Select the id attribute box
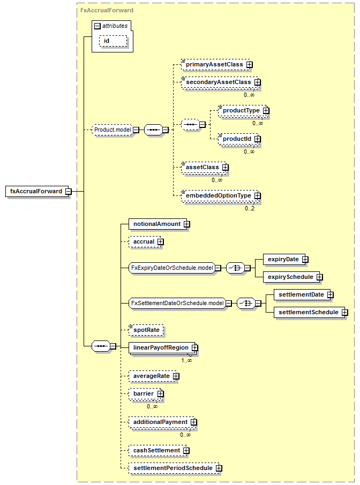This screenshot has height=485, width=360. pyautogui.click(x=113, y=41)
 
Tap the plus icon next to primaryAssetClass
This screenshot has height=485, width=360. pyautogui.click(x=250, y=65)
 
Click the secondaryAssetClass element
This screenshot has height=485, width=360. pyautogui.click(x=221, y=82)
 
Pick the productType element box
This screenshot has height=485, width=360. pyautogui.click(x=244, y=111)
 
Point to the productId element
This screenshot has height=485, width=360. pyautogui.click(x=239, y=139)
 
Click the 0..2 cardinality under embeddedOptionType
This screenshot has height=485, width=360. pyautogui.click(x=250, y=208)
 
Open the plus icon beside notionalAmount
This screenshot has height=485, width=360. pyautogui.click(x=186, y=224)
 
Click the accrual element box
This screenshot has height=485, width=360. pyautogui.click(x=146, y=242)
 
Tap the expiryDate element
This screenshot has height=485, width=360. pyautogui.click(x=286, y=260)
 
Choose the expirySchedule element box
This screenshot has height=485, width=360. pyautogui.click(x=293, y=277)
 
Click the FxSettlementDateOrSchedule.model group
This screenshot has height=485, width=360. pyautogui.click(x=180, y=303)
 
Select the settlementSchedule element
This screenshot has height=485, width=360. pyautogui.click(x=311, y=313)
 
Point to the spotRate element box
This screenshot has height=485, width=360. pyautogui.click(x=146, y=330)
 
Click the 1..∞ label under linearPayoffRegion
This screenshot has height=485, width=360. pyautogui.click(x=186, y=360)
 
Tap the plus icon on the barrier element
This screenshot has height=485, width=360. pyautogui.click(x=160, y=394)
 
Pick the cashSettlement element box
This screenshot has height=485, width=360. pyautogui.click(x=159, y=451)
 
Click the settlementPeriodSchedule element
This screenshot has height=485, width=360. pyautogui.click(x=175, y=468)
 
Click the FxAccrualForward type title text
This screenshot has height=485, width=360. pyautogui.click(x=107, y=10)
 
